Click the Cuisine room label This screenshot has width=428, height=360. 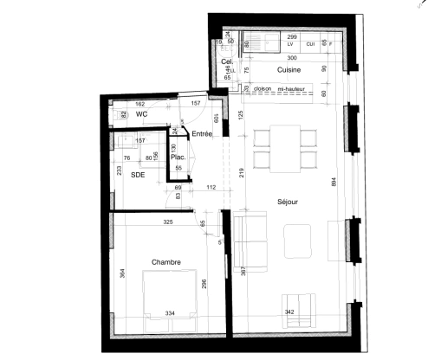(x=289, y=69)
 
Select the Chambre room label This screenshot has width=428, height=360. (x=166, y=262)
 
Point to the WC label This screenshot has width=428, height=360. (x=141, y=113)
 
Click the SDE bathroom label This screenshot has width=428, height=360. (x=137, y=175)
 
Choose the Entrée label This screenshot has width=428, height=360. (x=203, y=133)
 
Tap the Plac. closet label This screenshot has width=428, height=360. (x=178, y=157)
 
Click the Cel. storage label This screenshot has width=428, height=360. (x=227, y=62)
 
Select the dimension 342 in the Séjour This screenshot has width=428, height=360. (x=290, y=311)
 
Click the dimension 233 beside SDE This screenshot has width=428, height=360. (x=118, y=171)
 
